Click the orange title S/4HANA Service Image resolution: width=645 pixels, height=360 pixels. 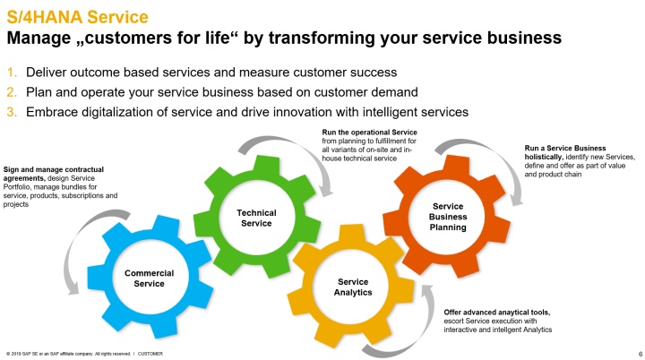click(x=77, y=17)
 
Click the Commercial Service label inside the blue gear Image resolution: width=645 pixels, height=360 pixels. click(x=149, y=279)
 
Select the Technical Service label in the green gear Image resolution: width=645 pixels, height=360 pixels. click(x=256, y=218)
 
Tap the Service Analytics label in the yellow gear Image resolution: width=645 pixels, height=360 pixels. click(x=353, y=287)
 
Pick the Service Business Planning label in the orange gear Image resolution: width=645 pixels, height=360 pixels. click(x=448, y=217)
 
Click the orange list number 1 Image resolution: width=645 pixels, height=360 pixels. click(x=12, y=73)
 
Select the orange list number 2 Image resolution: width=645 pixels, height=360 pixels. click(x=12, y=92)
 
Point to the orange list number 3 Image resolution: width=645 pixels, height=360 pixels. click(x=12, y=112)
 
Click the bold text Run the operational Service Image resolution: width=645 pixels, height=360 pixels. click(x=369, y=133)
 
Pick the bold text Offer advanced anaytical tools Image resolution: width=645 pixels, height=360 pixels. click(x=497, y=313)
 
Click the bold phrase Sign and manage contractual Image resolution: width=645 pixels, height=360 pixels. click(x=54, y=169)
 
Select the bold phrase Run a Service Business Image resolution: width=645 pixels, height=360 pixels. click(x=565, y=148)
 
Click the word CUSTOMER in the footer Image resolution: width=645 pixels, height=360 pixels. click(x=150, y=354)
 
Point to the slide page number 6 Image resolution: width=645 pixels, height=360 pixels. click(x=640, y=354)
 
